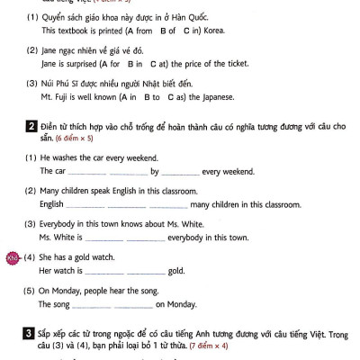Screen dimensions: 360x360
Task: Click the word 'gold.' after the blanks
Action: pyautogui.click(x=175, y=271)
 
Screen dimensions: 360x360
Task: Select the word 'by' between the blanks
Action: pyautogui.click(x=155, y=171)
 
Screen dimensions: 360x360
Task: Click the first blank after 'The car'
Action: pyautogui.click(x=87, y=172)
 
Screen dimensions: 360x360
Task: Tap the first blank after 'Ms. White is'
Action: pyautogui.click(x=104, y=238)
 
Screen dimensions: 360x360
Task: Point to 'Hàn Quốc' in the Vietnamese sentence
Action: pyautogui.click(x=210, y=16)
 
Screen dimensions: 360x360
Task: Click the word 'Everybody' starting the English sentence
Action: pyautogui.click(x=59, y=224)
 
